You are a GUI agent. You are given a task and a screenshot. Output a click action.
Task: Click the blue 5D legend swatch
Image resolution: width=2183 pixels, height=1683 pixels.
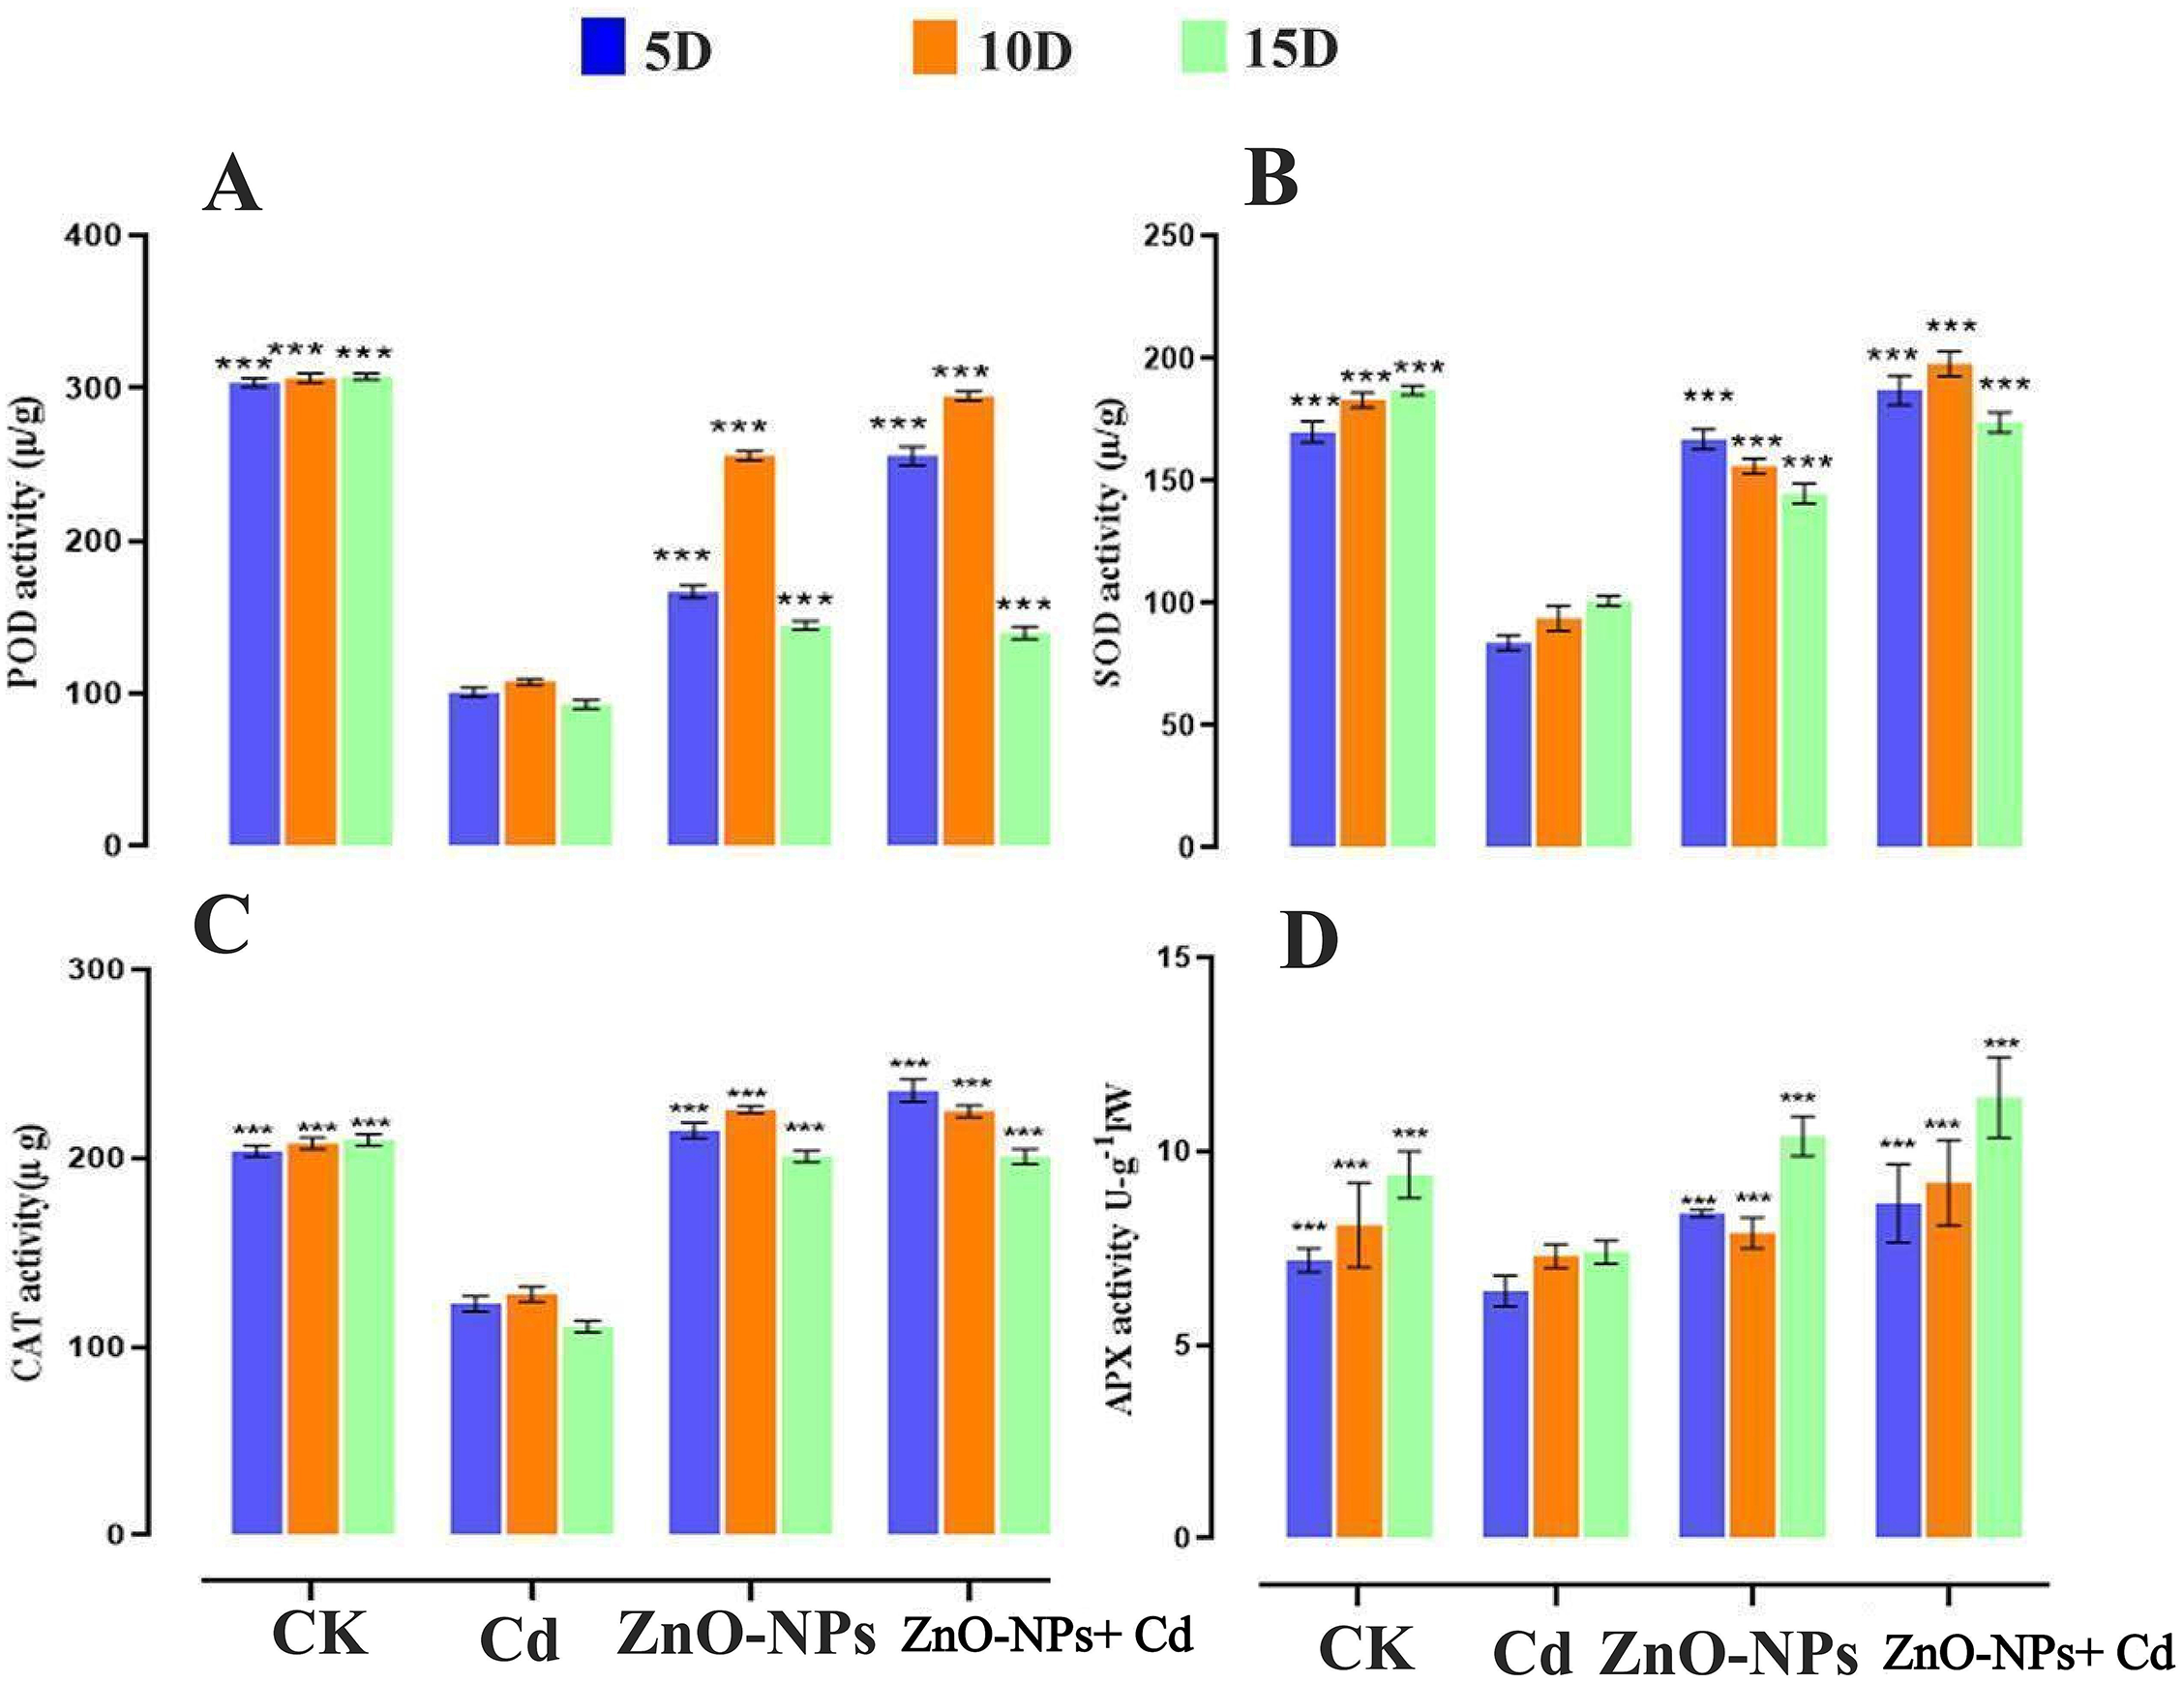(x=603, y=48)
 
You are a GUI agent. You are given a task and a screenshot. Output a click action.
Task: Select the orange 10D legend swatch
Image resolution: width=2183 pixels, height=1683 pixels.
(x=936, y=48)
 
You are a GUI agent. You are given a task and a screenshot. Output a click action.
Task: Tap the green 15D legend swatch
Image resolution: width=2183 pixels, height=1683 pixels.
(x=1203, y=48)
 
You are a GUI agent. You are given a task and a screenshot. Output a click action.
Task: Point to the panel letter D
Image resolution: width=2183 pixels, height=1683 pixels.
(x=1308, y=942)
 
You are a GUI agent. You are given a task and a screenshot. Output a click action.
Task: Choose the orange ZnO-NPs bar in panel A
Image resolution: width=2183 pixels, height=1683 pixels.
(x=749, y=650)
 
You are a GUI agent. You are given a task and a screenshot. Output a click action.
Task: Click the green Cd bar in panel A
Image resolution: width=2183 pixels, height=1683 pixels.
(x=585, y=775)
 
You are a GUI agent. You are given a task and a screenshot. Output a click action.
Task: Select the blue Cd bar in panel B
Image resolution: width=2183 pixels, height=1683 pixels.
(x=1509, y=744)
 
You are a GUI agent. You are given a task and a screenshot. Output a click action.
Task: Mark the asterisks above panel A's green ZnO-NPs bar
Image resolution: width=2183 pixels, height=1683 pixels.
(x=805, y=601)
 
